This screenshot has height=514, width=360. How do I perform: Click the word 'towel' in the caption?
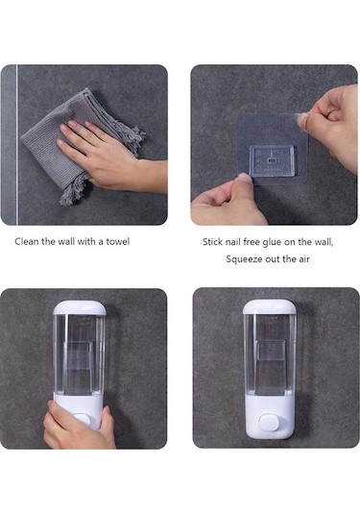point(117,242)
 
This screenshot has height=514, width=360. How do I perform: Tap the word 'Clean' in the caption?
point(27,242)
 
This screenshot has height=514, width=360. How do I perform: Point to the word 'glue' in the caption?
point(272,242)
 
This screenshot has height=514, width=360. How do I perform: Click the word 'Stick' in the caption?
point(212,242)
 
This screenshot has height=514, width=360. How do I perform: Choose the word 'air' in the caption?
point(303,259)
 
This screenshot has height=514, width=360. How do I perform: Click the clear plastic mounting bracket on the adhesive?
point(272,161)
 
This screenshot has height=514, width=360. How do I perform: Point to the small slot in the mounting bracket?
point(272,160)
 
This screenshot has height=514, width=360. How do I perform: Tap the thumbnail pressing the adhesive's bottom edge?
point(245,180)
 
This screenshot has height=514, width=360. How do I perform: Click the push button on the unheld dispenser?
point(269,422)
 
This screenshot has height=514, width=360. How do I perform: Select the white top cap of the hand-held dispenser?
point(80,308)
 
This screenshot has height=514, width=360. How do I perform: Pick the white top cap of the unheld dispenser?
point(269,306)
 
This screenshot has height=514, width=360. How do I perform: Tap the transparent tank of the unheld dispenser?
point(269,354)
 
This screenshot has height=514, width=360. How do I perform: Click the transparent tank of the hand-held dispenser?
point(80,355)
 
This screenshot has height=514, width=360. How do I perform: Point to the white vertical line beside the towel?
point(17,144)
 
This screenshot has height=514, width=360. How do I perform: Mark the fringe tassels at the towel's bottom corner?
point(74,190)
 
